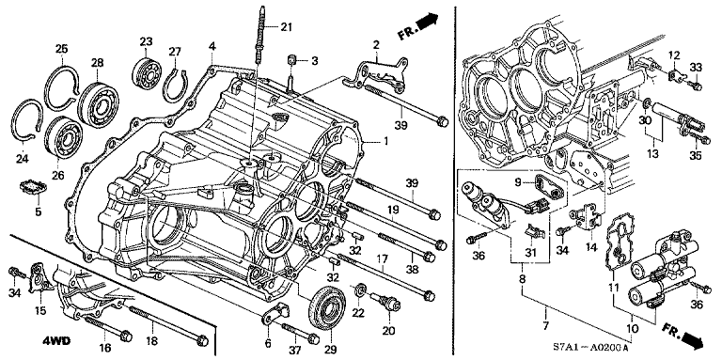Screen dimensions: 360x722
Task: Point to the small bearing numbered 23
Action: (148, 70)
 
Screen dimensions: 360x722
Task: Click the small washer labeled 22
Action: (361, 290)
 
